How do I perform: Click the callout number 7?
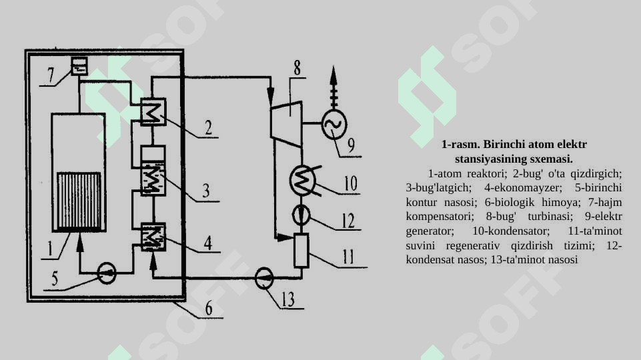point(51,75)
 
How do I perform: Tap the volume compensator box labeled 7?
point(79,66)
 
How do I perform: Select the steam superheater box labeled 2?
point(153,111)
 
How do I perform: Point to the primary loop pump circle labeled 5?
point(107,273)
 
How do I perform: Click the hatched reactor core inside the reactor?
point(79,201)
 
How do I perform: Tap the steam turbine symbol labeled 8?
point(286,123)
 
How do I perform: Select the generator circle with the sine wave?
point(334,125)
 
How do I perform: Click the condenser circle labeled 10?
point(302,180)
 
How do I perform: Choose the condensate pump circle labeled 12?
point(301,215)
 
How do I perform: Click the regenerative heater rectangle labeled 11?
point(301,251)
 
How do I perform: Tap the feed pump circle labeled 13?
point(263,278)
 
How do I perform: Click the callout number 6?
point(209,308)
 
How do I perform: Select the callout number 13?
point(288,299)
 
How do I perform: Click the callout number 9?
point(351,145)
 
